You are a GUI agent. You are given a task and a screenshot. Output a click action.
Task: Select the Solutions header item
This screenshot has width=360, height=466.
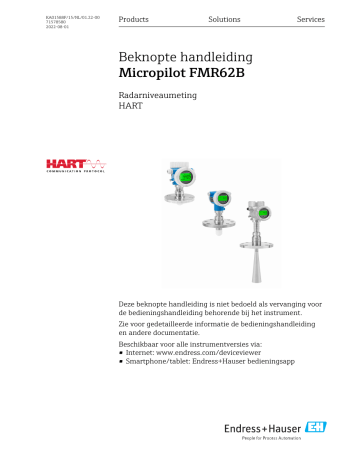pos(224,20)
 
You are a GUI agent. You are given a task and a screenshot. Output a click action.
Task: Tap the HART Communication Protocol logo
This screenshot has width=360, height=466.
pos(70,165)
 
